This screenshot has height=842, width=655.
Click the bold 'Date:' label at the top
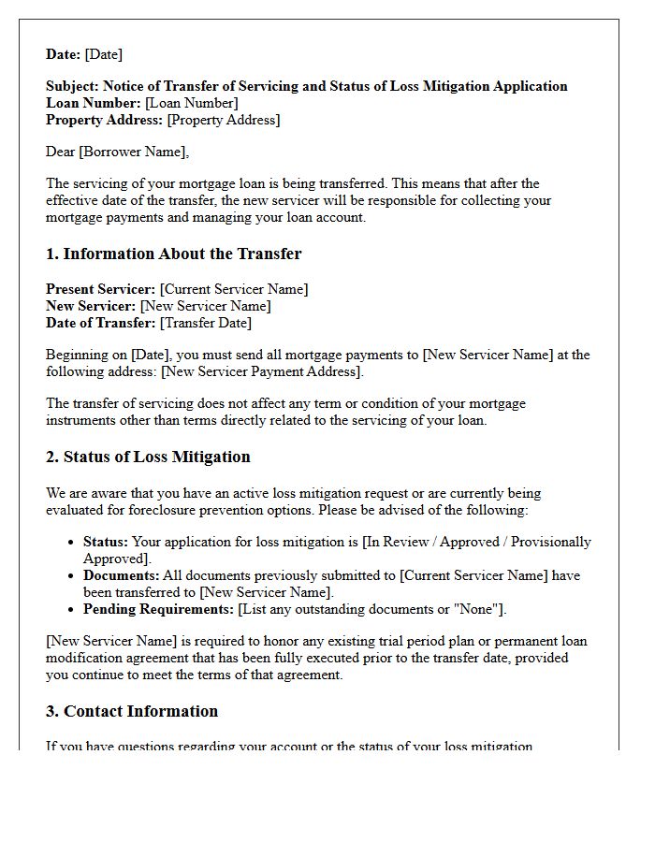[x=64, y=54]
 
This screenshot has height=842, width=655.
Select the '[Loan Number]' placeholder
[x=191, y=103]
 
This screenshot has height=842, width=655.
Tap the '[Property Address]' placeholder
[x=223, y=120]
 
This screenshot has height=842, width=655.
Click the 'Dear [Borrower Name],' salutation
[x=117, y=152]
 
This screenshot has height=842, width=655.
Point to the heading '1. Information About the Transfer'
[x=173, y=254]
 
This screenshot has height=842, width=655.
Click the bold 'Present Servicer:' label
[x=100, y=289]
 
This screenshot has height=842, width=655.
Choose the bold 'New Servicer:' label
[x=91, y=306]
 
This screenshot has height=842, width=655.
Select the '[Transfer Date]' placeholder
[x=205, y=323]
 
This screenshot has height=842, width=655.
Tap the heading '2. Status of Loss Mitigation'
[x=148, y=457]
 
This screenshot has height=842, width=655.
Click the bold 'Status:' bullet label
[x=106, y=542]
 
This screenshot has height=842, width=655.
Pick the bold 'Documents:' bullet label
[x=121, y=575]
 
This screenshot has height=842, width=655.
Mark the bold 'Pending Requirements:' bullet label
[x=158, y=609]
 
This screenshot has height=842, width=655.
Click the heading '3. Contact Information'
[x=132, y=711]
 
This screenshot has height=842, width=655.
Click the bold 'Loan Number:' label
[x=94, y=103]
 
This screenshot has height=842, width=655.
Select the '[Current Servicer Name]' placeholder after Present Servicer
[x=233, y=289]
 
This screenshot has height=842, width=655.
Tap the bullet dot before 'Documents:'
[x=72, y=576]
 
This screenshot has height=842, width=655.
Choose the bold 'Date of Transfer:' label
[x=101, y=323]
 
